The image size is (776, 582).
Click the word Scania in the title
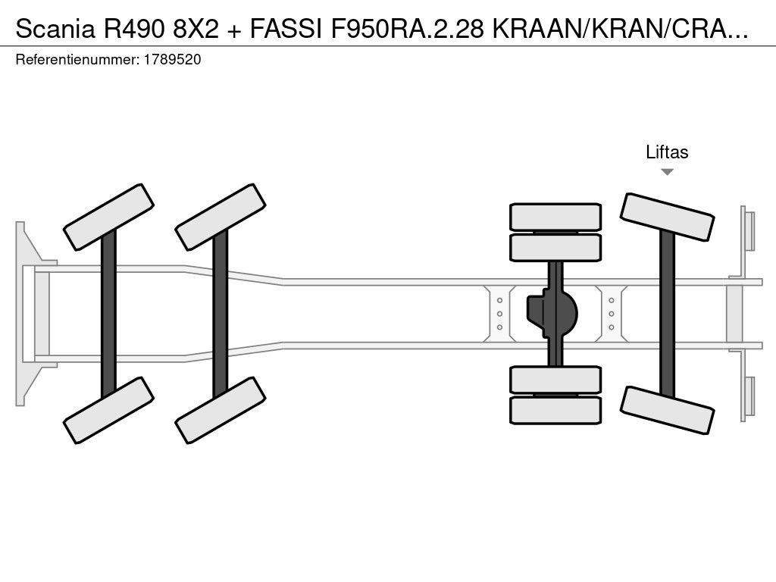tap(55, 29)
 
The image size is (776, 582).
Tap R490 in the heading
tap(133, 29)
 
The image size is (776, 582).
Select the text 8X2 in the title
tap(196, 29)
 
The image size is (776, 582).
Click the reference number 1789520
tap(172, 60)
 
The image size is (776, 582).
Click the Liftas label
tap(667, 152)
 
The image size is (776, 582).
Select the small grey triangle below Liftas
tap(667, 172)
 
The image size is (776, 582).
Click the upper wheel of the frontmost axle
tap(109, 217)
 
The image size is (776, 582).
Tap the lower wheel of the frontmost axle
tap(109, 410)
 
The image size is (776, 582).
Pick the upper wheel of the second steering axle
tap(221, 217)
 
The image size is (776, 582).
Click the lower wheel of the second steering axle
tap(221, 410)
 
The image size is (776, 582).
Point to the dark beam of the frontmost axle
tap(108, 314)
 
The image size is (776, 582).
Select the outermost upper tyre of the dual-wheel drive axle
tap(555, 217)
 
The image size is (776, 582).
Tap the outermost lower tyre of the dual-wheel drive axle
tap(555, 410)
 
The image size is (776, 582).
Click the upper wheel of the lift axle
tap(667, 217)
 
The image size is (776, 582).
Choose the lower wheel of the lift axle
tap(667, 410)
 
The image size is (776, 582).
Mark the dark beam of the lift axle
tap(667, 314)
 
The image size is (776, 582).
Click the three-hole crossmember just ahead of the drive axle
tap(500, 314)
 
